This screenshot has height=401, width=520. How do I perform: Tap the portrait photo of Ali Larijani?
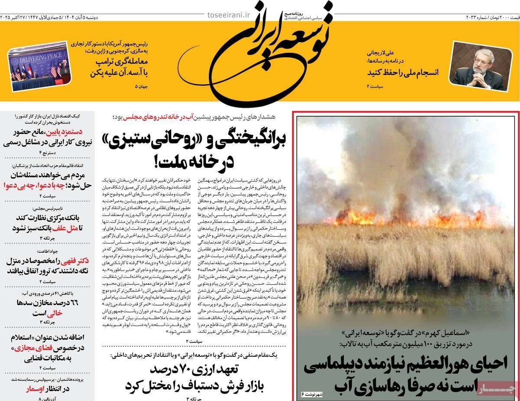(x=478, y=65)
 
